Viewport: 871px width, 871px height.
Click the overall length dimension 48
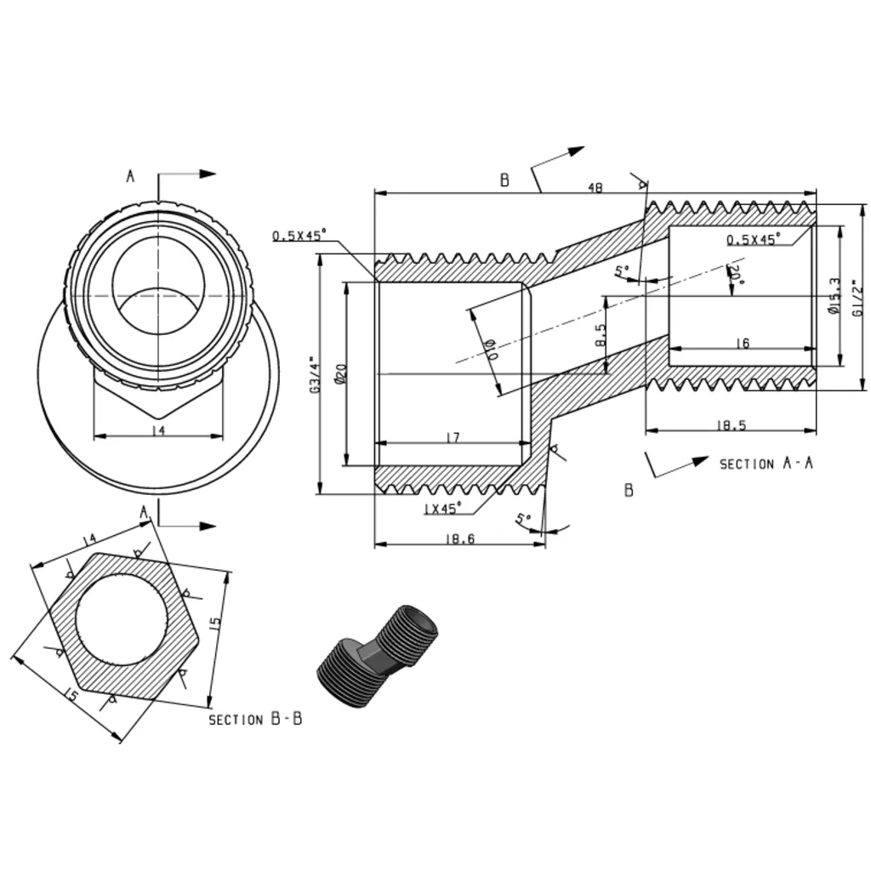coord(595,187)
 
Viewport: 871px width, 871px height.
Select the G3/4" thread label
coord(315,375)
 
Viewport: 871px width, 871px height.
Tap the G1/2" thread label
coord(858,298)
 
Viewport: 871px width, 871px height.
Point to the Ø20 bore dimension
coord(340,373)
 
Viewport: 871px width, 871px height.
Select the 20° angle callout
coord(736,274)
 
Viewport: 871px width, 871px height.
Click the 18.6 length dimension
coord(460,538)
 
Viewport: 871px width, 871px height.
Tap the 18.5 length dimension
coord(731,425)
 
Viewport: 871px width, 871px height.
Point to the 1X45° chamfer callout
coord(442,509)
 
